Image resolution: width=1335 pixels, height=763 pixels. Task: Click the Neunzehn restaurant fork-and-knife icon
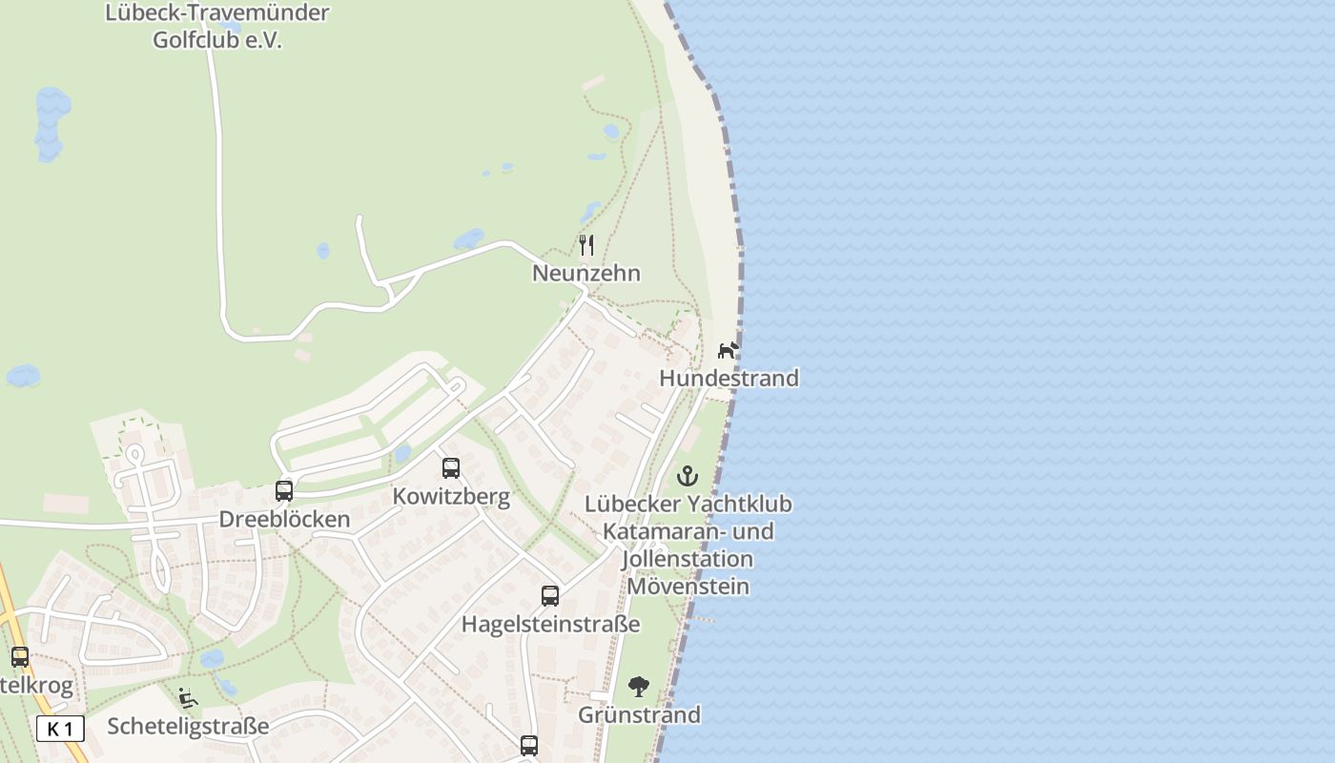click(x=586, y=245)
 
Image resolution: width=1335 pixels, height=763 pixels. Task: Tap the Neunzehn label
click(x=585, y=274)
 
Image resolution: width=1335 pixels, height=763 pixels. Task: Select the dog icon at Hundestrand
click(x=728, y=350)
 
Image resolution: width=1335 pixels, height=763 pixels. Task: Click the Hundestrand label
click(x=729, y=379)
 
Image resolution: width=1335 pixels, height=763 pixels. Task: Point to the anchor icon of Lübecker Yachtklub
click(x=688, y=475)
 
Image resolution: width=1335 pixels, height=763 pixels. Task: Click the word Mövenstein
click(x=687, y=587)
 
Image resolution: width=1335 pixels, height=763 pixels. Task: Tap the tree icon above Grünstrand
click(x=639, y=687)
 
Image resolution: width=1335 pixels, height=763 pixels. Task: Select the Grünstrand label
click(x=639, y=715)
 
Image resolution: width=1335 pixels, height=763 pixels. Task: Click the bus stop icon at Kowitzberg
click(x=451, y=468)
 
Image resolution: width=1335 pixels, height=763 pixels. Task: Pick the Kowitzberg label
click(x=451, y=497)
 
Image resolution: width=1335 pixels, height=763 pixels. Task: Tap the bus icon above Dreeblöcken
click(x=284, y=491)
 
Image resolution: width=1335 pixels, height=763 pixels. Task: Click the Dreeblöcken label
click(x=284, y=520)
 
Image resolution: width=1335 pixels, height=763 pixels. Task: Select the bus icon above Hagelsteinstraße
click(x=550, y=596)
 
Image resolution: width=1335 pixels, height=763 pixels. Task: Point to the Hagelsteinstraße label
click(x=550, y=625)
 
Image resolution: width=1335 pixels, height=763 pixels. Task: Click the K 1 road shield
click(x=60, y=730)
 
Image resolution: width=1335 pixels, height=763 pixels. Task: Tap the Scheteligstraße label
click(x=188, y=727)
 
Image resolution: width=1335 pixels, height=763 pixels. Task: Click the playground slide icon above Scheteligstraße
click(x=188, y=698)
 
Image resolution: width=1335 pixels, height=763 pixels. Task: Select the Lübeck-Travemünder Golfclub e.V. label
click(x=217, y=27)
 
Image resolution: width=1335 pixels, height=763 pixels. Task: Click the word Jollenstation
click(x=687, y=559)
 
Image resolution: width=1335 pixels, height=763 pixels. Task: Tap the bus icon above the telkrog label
click(x=20, y=657)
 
